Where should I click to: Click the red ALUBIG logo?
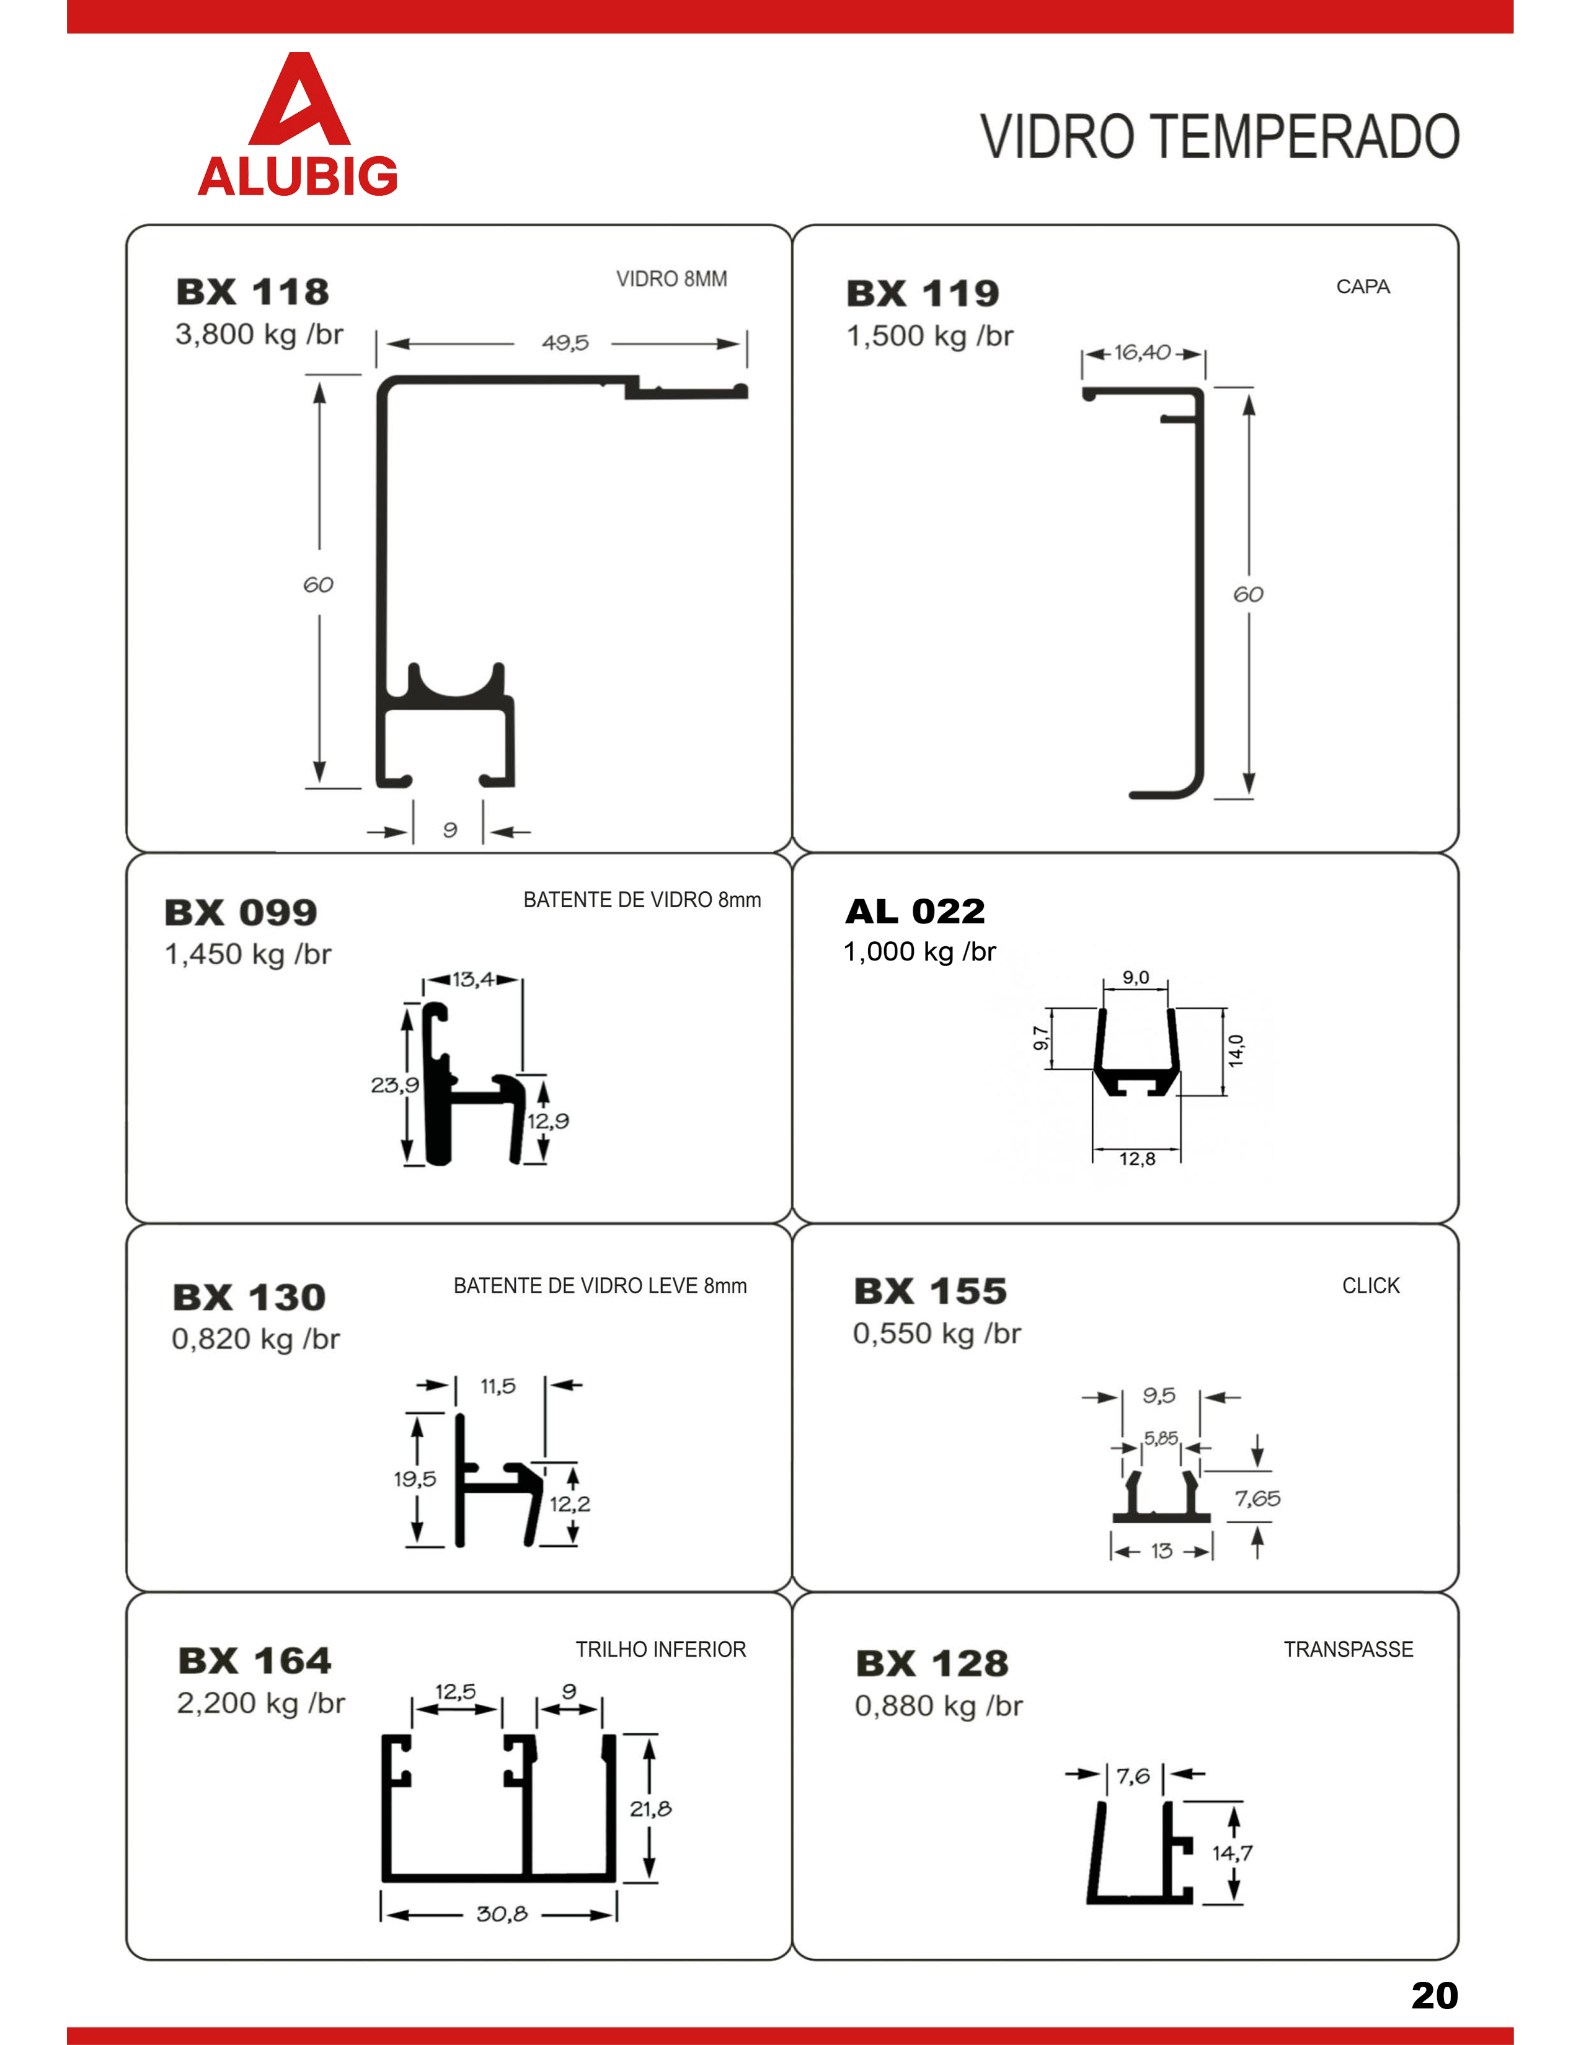298,126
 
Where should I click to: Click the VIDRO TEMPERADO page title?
1220,137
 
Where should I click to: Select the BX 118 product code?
253,292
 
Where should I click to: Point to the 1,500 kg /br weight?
929,336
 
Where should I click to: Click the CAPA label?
1362,286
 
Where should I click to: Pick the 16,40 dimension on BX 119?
1141,353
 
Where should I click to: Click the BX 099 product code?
241,912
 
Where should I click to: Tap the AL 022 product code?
915,911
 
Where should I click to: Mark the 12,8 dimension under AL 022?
1137,1159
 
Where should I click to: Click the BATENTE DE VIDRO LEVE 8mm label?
600,1286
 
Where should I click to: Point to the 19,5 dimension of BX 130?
414,1479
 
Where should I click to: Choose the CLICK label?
1370,1286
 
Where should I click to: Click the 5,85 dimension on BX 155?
1161,1438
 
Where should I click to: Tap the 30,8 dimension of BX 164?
502,1914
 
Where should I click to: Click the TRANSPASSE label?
1348,1649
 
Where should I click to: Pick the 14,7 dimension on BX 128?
1232,1853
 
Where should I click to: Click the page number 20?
1434,1995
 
